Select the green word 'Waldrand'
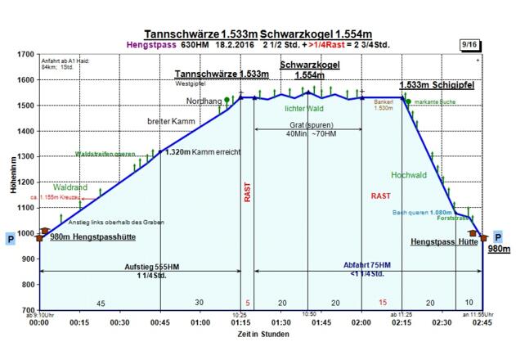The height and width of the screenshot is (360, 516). [x=70, y=187]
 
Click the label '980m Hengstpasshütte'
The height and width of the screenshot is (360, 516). [x=92, y=238]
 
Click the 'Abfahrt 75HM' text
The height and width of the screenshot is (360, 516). [x=367, y=265]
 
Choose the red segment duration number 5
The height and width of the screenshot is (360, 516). [x=248, y=303]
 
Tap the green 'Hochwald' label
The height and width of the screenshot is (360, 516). [x=408, y=174]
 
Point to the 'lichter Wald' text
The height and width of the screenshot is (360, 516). [x=304, y=108]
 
